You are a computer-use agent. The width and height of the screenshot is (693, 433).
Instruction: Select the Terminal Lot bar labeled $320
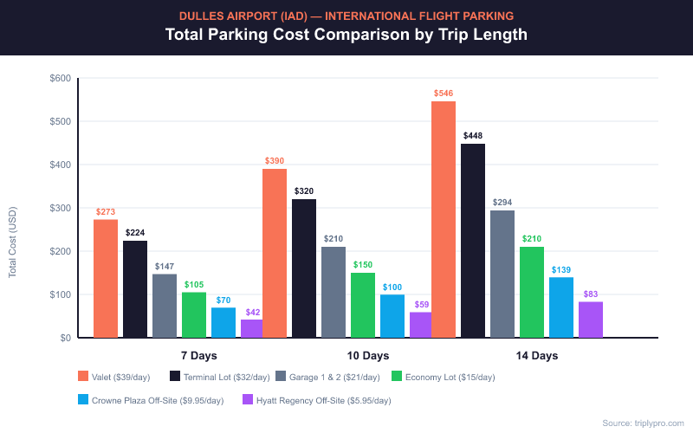(x=304, y=268)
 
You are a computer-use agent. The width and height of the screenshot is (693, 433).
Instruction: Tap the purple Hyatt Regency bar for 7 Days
(x=251, y=328)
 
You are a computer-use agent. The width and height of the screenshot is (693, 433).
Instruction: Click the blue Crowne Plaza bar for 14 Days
(x=561, y=307)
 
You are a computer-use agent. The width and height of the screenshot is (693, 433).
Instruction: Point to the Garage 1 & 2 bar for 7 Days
(x=165, y=306)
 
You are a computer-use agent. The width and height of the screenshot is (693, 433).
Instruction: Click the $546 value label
(x=443, y=93)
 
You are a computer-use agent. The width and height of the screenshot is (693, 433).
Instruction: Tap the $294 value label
(x=502, y=203)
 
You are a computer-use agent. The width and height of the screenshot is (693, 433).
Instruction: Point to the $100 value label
(x=392, y=287)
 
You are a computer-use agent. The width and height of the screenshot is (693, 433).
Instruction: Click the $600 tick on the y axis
(x=60, y=78)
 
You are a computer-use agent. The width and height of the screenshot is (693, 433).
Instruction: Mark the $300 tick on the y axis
(x=60, y=208)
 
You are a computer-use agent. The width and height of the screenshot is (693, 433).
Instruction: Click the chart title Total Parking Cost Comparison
(x=346, y=36)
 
